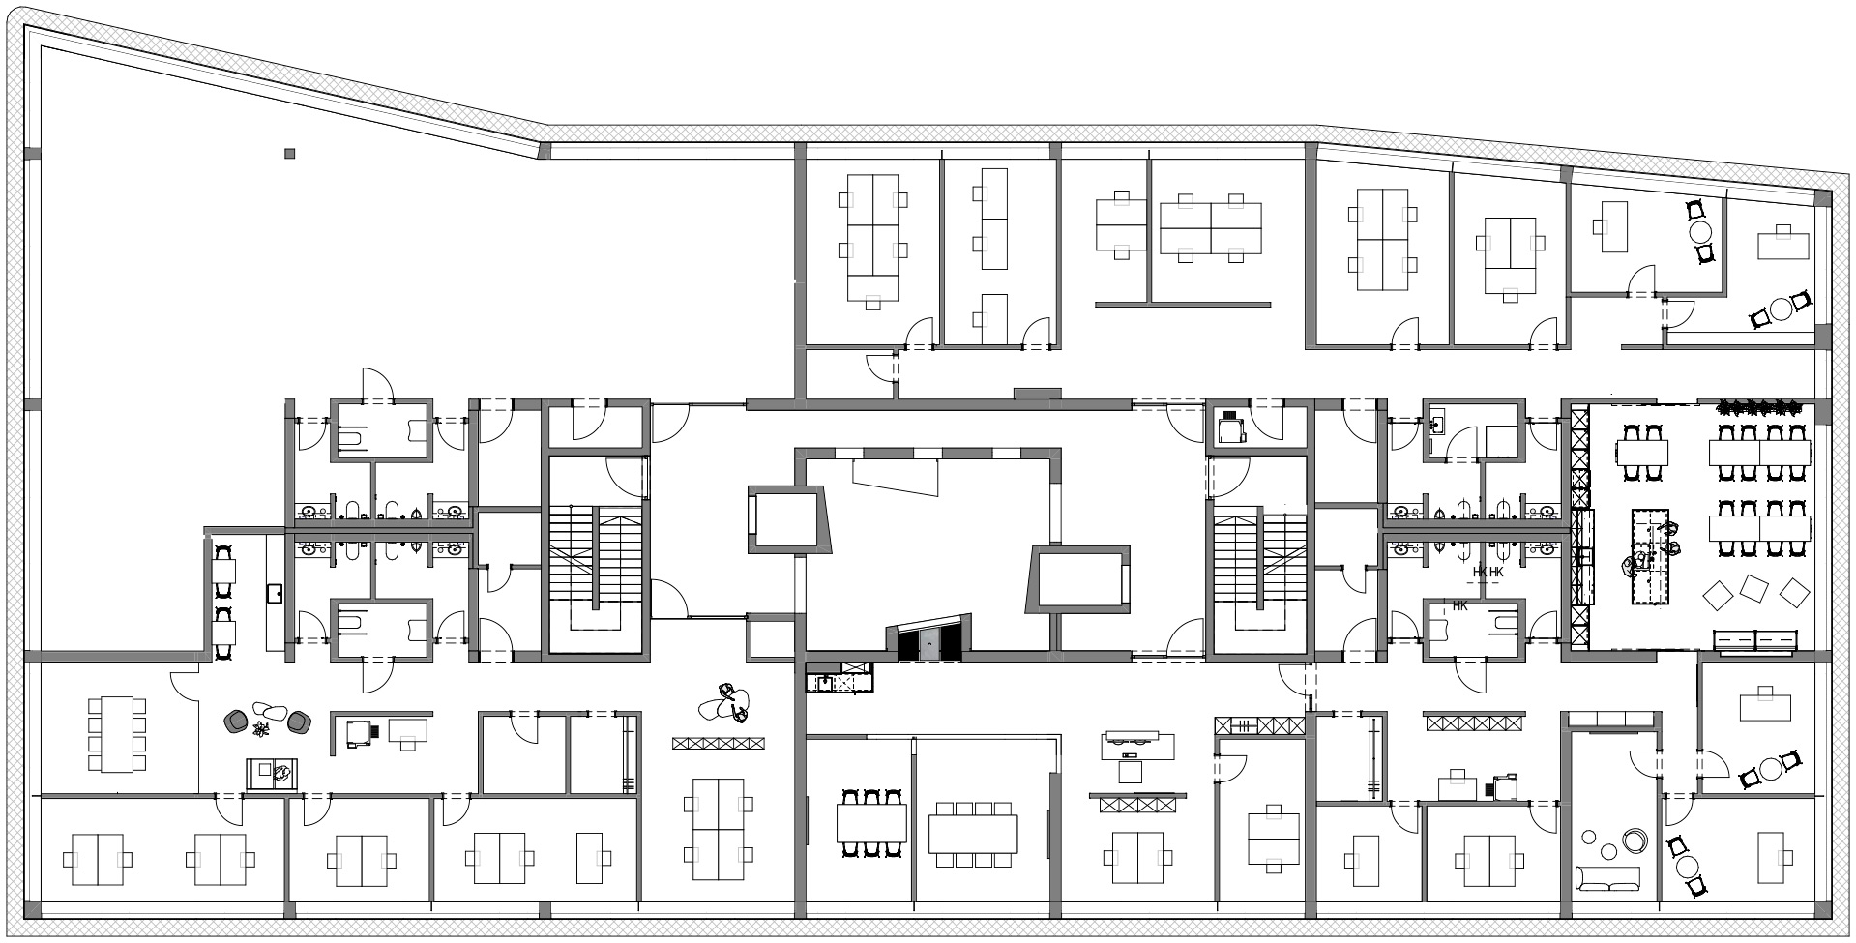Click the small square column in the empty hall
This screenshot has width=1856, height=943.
pos(289,153)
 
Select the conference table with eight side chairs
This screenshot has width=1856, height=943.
pos(116,734)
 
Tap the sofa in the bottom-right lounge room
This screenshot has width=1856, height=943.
pos(1607,878)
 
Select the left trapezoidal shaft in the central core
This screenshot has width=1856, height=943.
pos(788,520)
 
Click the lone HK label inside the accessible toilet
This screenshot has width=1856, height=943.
pos(1459,606)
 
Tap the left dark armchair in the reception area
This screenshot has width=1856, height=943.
pos(235,722)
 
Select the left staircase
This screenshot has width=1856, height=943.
pos(596,557)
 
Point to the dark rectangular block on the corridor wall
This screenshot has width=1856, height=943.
pos(1037,394)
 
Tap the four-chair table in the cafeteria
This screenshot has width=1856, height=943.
pos(1644,453)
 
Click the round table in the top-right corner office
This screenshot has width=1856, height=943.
pos(1701,232)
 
